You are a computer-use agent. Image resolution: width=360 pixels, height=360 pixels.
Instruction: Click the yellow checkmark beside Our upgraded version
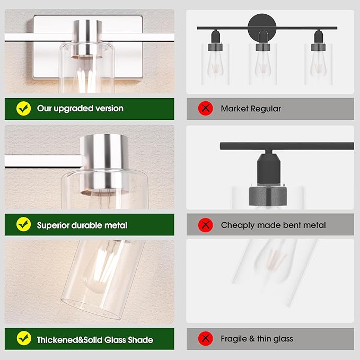[x=24, y=108]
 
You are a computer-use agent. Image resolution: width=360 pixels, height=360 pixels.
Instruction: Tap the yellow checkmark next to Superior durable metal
[x=24, y=224]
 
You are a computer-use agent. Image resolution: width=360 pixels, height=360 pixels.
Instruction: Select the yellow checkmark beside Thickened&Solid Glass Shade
[x=24, y=338]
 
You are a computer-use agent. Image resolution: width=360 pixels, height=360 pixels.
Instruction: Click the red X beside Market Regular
[x=206, y=108]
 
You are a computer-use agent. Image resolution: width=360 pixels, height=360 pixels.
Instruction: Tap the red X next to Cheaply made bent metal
[x=206, y=225]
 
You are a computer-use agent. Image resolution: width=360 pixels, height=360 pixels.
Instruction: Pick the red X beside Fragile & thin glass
[x=206, y=338]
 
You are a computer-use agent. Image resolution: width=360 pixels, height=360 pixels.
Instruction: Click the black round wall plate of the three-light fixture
[x=262, y=27]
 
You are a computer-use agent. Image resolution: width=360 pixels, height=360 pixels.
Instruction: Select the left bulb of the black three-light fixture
[x=215, y=63]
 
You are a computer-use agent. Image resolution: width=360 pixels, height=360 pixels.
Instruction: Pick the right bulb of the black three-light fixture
[x=318, y=63]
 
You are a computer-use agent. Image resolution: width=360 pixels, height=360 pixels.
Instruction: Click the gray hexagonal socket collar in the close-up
[x=268, y=196]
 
